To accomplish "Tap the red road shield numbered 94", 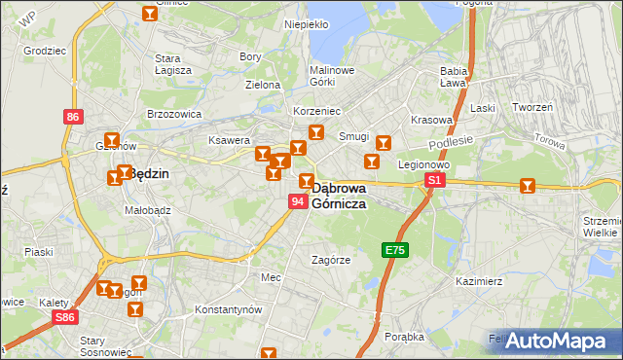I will coord(298,201).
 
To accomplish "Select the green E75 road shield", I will coord(394,250).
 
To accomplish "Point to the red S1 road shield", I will coord(435,180).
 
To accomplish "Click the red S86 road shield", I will coord(65,317).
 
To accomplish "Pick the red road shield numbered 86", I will coord(73,117).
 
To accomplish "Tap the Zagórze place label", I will coord(330,260).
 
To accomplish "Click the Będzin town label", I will coord(148,174).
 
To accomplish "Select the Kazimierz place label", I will coord(478,281).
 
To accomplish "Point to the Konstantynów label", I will coord(229,309).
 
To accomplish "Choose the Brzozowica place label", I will coord(173,114).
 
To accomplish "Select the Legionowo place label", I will coord(422,164).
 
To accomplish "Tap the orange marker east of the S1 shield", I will coord(527,185).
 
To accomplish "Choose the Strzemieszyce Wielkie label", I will coord(601,227).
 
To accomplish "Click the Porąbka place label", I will coord(404,337).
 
